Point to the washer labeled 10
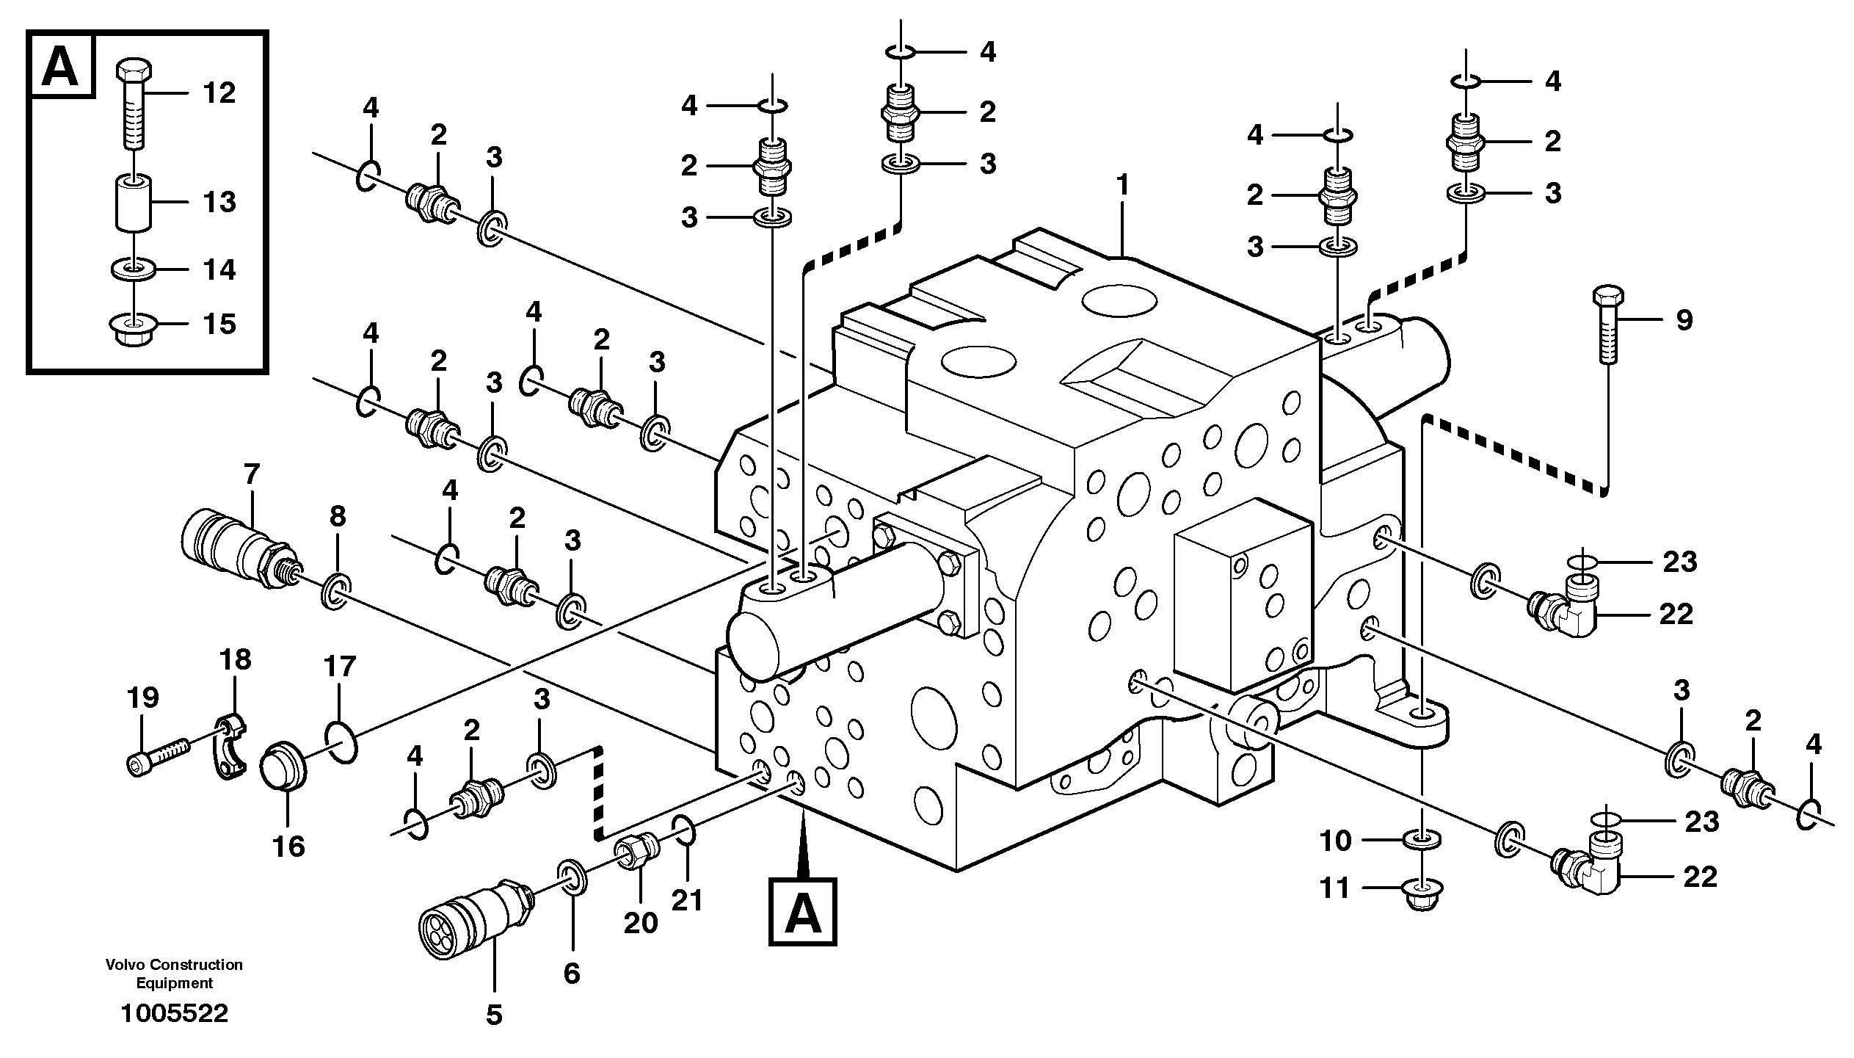(1422, 838)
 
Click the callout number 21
(687, 899)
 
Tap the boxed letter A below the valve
(803, 911)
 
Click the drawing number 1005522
(175, 1014)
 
